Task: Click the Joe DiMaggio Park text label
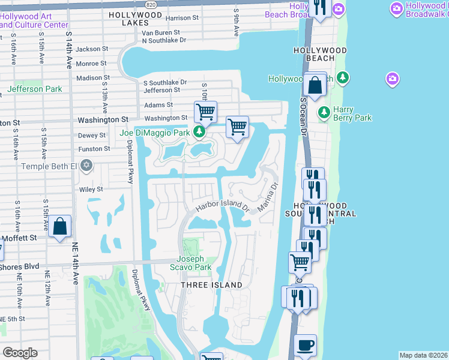click(x=155, y=132)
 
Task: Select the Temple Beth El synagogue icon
click(x=87, y=165)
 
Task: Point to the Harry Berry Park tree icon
click(x=324, y=112)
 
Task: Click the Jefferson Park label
click(x=34, y=89)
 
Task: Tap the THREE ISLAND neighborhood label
click(x=212, y=285)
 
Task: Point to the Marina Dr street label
click(x=268, y=196)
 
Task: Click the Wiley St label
click(x=92, y=189)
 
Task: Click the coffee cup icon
click(x=306, y=345)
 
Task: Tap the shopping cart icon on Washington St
click(x=205, y=111)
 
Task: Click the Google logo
click(x=20, y=353)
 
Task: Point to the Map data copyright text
click(x=424, y=355)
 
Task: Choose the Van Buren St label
click(x=161, y=32)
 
